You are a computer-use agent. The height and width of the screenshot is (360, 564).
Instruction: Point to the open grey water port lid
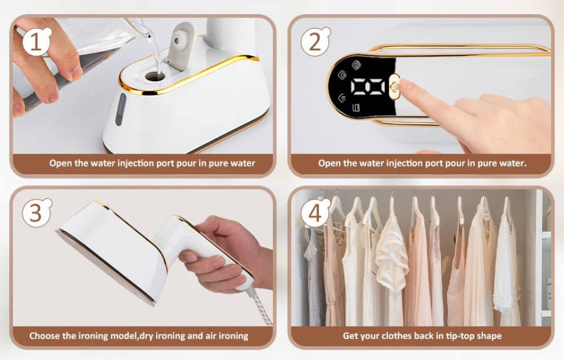[x=182, y=45]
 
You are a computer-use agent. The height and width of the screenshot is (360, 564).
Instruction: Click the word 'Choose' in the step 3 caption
[x=45, y=336]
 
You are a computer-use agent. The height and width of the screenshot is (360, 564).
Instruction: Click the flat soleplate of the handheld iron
[x=102, y=265]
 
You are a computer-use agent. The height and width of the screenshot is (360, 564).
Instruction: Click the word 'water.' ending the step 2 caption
[x=513, y=164]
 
